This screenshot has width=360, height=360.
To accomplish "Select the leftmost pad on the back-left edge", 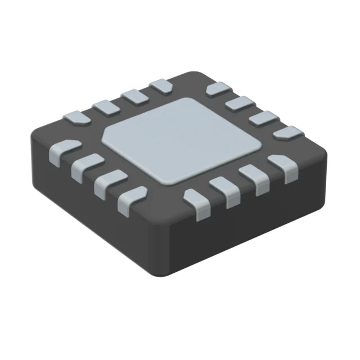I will point(75,118).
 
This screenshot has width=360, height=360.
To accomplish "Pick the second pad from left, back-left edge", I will point(103,106).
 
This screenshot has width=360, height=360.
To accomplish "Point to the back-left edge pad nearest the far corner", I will point(161,85).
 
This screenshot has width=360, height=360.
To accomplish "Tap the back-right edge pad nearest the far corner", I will point(217,89).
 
